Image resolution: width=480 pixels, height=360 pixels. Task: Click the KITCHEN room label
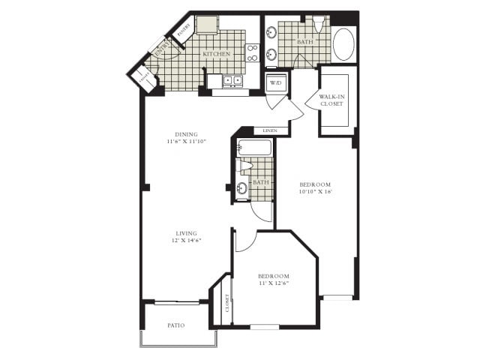[217, 55]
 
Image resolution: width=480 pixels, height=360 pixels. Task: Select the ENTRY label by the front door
[161, 50]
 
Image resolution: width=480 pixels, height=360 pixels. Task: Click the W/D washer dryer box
[274, 82]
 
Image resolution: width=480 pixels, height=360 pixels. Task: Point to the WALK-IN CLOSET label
[331, 100]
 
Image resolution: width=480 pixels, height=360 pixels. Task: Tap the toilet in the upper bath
[319, 25]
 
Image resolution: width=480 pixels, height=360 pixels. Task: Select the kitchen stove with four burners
[253, 52]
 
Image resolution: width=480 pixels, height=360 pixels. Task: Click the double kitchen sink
[232, 80]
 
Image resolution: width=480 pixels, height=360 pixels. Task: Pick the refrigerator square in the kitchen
[206, 24]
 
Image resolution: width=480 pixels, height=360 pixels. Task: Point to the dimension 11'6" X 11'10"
[186, 140]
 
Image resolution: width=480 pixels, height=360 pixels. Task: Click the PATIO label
[176, 325]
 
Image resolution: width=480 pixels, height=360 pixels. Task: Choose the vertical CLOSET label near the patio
[227, 304]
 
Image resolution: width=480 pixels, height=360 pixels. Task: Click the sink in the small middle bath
[242, 188]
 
